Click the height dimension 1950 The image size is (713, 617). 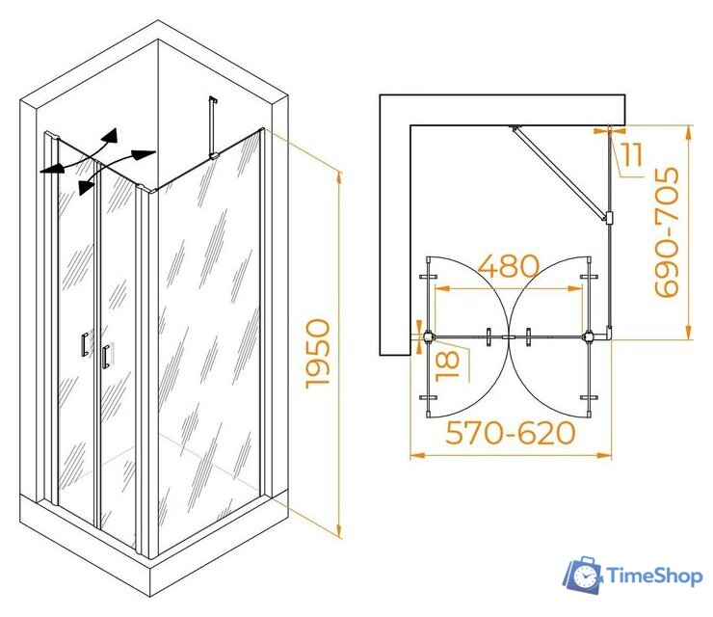(317, 354)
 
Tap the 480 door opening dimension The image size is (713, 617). (509, 266)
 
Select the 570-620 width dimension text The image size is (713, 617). (511, 433)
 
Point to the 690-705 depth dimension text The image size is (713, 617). (667, 231)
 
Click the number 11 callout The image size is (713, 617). (633, 154)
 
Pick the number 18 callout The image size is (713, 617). (447, 365)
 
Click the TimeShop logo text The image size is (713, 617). (655, 577)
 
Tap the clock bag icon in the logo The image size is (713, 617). (584, 575)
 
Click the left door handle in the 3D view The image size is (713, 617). (85, 344)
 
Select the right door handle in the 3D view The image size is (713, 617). (106, 357)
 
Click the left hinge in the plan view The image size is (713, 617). (429, 337)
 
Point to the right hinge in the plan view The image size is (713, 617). (589, 337)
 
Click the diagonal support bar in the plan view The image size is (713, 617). (560, 174)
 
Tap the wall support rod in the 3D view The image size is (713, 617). (212, 127)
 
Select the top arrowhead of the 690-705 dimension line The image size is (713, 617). (689, 133)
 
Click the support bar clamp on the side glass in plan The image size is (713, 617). (609, 218)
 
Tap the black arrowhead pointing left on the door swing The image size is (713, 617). (51, 169)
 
